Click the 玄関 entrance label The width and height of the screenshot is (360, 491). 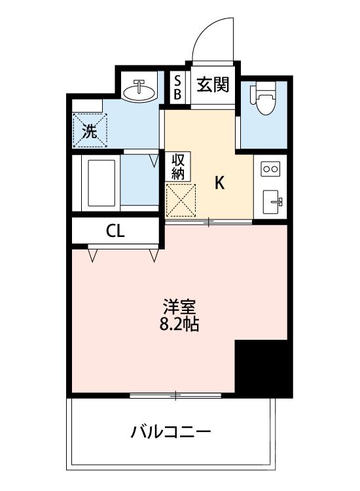pos(213,85)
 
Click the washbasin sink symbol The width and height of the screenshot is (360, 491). pos(139,91)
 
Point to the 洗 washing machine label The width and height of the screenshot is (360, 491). pos(89,130)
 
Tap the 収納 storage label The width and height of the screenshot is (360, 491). pos(178,167)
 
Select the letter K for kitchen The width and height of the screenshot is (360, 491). pos(221,184)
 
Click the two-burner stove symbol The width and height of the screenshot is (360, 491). pos(270,169)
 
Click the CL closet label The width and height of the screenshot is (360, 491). pos(116,230)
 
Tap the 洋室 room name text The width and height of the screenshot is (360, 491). pos(178,307)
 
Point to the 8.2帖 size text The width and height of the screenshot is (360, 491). pos(178,324)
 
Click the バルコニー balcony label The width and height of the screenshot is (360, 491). pos(171,432)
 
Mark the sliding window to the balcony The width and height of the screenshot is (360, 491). pos(175,395)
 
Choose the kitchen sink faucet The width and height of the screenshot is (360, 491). pos(278,200)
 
